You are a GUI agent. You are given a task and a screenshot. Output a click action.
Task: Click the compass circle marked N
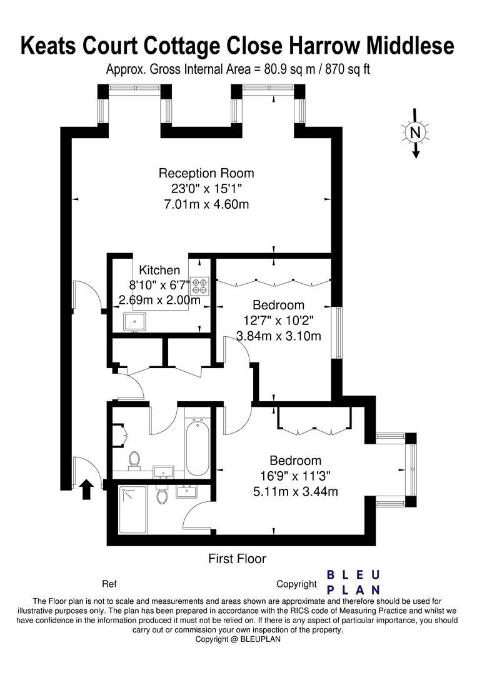[414, 132]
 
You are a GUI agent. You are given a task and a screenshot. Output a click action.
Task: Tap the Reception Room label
[206, 173]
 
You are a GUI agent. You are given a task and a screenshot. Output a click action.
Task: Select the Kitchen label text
[159, 271]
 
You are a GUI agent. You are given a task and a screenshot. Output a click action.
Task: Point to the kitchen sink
[134, 321]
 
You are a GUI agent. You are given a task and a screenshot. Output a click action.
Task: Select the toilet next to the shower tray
[162, 496]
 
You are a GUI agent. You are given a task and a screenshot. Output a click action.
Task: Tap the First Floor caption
[237, 559]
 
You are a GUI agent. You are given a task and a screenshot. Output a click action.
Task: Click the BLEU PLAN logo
[354, 582]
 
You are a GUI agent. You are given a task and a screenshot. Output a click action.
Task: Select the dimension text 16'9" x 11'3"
[288, 476]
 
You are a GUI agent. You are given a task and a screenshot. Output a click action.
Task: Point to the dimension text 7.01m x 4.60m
[206, 204]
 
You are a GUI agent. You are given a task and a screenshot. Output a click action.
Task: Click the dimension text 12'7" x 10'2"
[279, 321]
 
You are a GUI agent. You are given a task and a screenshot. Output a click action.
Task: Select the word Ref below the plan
[109, 584]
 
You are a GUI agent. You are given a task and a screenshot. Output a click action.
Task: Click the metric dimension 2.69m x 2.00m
[159, 301]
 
